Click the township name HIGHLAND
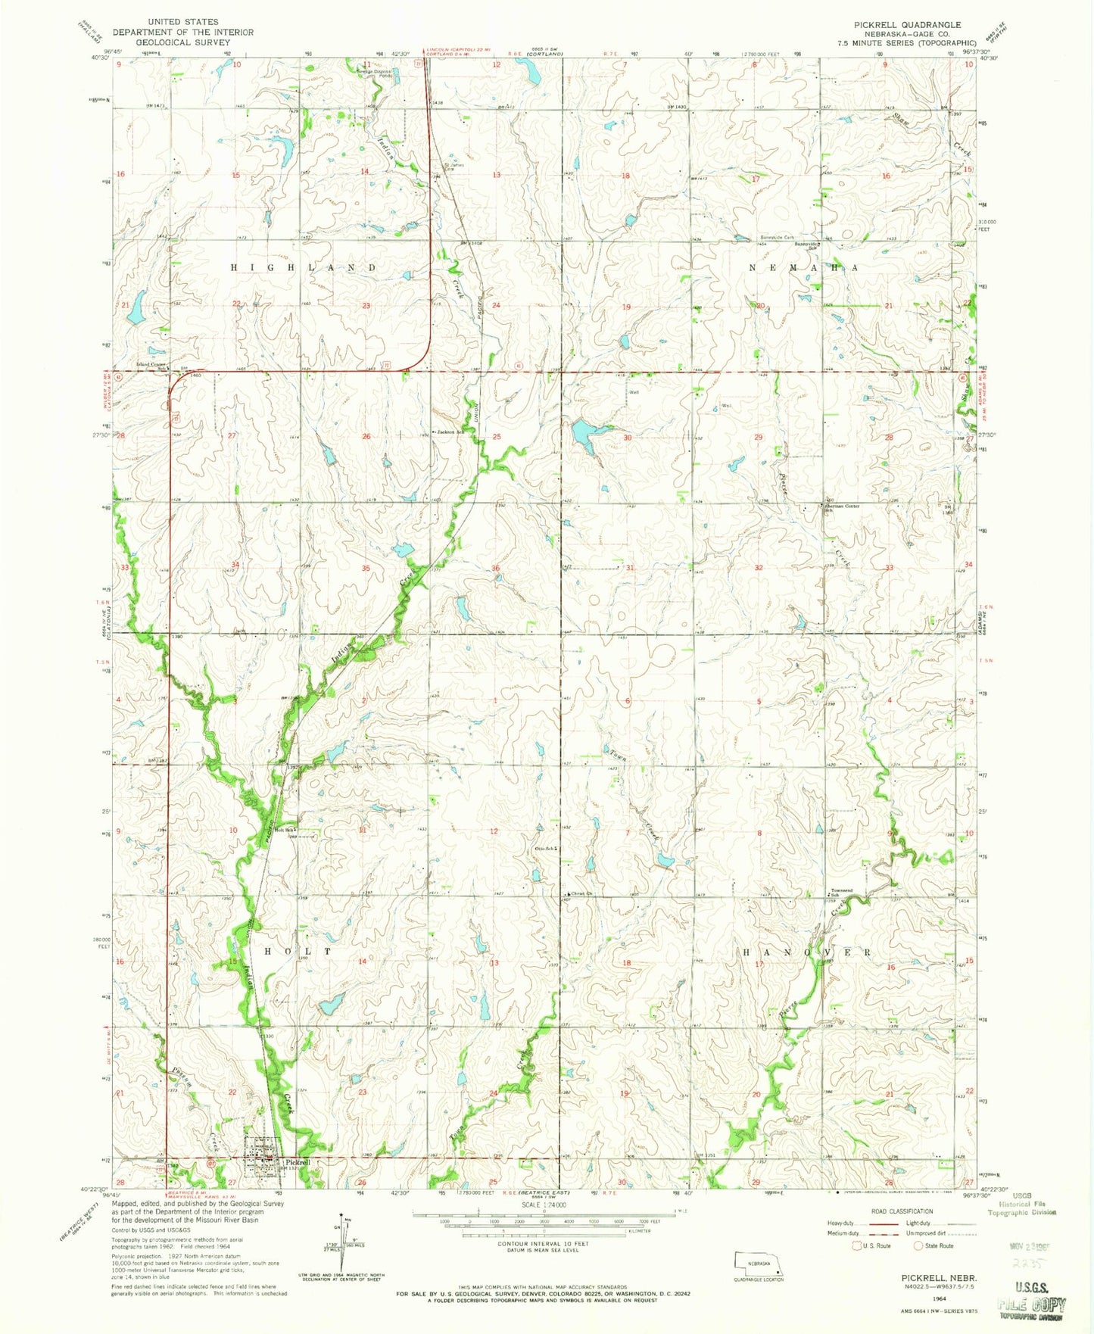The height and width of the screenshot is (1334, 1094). [x=303, y=268]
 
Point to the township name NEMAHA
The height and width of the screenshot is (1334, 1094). [x=803, y=268]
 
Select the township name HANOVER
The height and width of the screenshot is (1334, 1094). [x=806, y=952]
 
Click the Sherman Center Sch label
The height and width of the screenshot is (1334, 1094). [x=841, y=506]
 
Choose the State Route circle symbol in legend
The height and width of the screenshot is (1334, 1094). [x=918, y=1245]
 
